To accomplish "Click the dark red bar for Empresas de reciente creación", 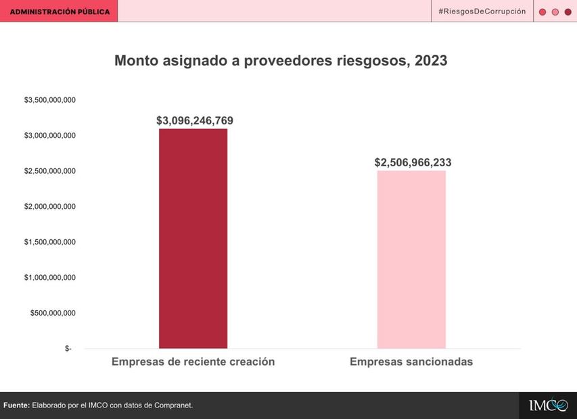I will pyautogui.click(x=193, y=239).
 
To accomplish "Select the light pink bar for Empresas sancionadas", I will pyautogui.click(x=411, y=260).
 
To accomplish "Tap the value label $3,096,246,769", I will pyautogui.click(x=194, y=121).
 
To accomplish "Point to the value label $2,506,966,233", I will pyautogui.click(x=413, y=163).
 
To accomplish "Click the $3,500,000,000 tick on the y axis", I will pyautogui.click(x=50, y=100).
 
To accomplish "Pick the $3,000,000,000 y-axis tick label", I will pyautogui.click(x=50, y=136).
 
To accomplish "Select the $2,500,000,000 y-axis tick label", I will pyautogui.click(x=50, y=171).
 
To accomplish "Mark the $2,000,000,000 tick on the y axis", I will pyautogui.click(x=50, y=206).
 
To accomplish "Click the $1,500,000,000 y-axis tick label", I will pyautogui.click(x=50, y=242).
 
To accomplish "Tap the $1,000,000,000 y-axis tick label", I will pyautogui.click(x=50, y=277).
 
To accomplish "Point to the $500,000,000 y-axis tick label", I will pyautogui.click(x=53, y=313).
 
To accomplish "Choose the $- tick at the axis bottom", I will pyautogui.click(x=68, y=349).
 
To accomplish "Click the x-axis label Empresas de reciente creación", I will pyautogui.click(x=193, y=362).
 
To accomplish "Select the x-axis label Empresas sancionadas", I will pyautogui.click(x=411, y=362).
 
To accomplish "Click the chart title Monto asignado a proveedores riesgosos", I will pyautogui.click(x=281, y=61).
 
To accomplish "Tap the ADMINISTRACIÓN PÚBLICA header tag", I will pyautogui.click(x=60, y=11).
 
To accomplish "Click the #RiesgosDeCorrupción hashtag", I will pyautogui.click(x=482, y=11).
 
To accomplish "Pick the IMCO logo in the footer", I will pyautogui.click(x=548, y=405).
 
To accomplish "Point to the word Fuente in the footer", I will pyautogui.click(x=16, y=405).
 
